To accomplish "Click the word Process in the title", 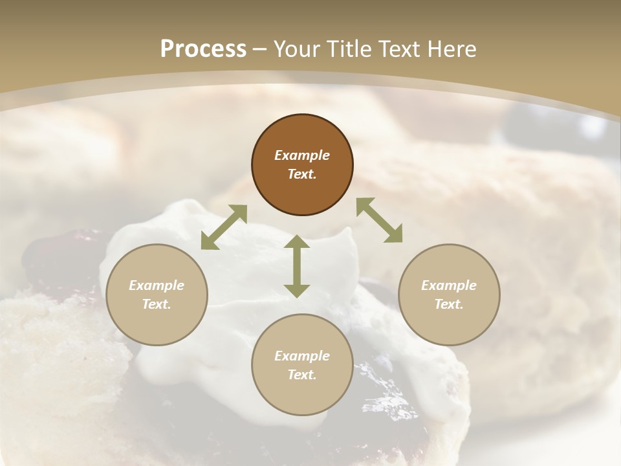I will coord(203,49).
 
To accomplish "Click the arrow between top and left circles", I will coord(224,227).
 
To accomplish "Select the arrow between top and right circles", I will coord(379,221).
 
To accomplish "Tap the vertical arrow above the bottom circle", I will coord(297,266).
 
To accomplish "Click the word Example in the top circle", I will coord(302,155).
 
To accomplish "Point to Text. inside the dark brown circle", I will coord(302,174).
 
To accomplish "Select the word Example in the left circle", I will coord(157,285).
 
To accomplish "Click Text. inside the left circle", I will coord(157,304).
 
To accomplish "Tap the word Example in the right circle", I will coord(449,285).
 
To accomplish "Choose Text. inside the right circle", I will coord(449,304).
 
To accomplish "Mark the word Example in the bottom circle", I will coord(302,356).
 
